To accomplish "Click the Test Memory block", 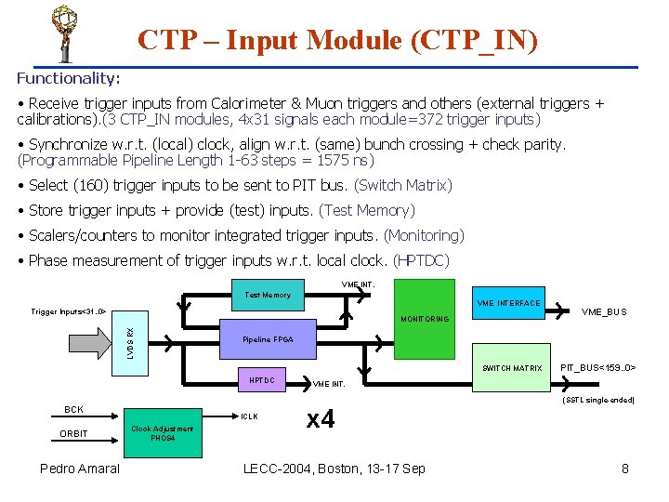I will [268, 295].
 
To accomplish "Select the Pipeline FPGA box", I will [268, 339].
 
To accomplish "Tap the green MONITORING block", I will [424, 319].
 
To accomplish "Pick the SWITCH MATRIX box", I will [511, 368].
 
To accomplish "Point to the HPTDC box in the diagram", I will [262, 380].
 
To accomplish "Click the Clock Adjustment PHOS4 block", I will [162, 433].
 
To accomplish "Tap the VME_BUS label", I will [603, 312].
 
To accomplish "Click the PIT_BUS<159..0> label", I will [597, 368].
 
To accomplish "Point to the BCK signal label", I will [73, 409].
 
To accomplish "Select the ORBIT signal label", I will [73, 434].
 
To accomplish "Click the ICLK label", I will [250, 416].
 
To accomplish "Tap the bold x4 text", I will [321, 419].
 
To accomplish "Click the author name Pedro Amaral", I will [80, 469].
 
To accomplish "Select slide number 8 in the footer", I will [625, 469].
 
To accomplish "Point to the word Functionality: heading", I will [68, 79].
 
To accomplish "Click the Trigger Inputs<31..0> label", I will [69, 311].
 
